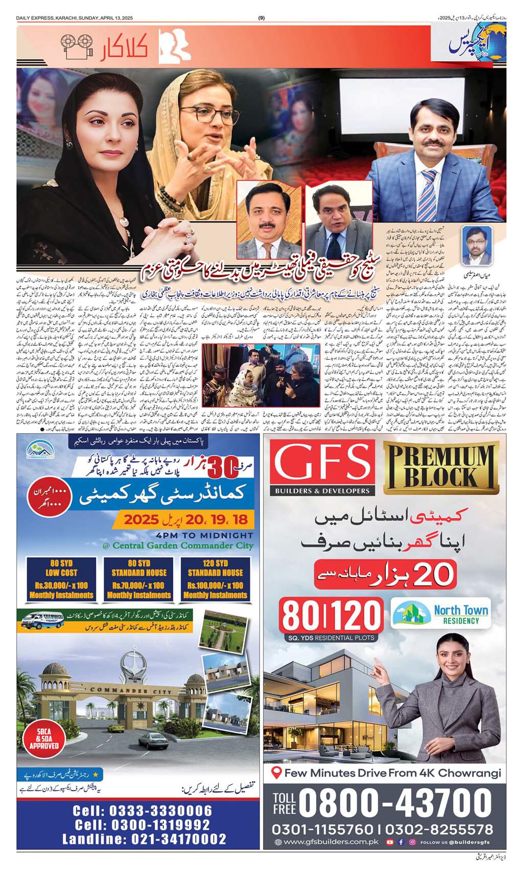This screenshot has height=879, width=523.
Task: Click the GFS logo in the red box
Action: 322,463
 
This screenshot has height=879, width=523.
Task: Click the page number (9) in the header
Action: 261,18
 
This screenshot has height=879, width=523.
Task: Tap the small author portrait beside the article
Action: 474,240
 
